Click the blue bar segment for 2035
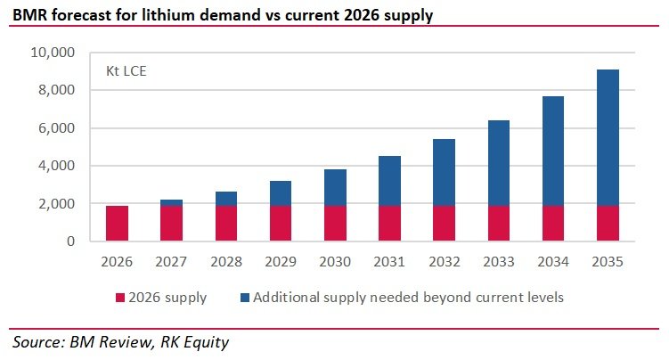[608, 138]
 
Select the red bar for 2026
[117, 224]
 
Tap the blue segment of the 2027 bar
[172, 202]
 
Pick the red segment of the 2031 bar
[389, 224]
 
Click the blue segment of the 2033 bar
[499, 163]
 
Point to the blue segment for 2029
[281, 193]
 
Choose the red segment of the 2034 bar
[553, 224]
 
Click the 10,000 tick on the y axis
[53, 53]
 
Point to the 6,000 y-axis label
[56, 128]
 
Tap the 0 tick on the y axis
[71, 241]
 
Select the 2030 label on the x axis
[335, 261]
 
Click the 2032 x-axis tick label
[445, 261]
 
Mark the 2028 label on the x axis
[226, 261]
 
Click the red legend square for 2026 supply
[120, 298]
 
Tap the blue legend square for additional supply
[245, 298]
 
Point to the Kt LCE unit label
[126, 70]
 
